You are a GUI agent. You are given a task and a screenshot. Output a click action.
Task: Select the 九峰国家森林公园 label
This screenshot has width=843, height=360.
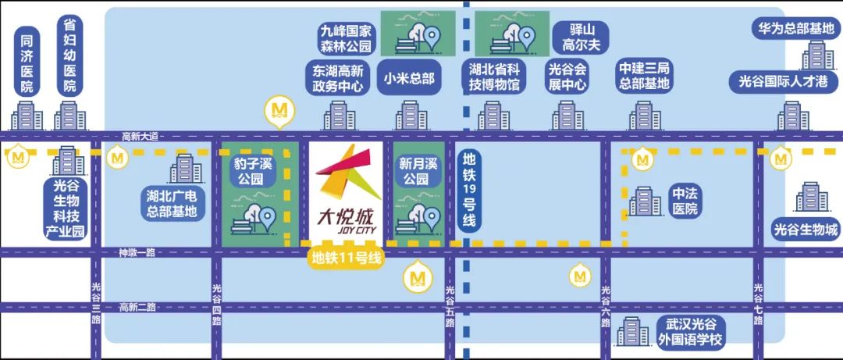click(347, 37)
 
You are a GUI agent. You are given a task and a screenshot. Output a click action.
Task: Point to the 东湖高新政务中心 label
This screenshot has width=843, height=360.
click(338, 78)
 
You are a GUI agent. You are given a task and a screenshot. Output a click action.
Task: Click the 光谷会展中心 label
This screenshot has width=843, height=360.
click(567, 77)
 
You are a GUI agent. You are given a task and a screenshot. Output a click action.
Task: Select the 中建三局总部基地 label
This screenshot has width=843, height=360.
click(643, 77)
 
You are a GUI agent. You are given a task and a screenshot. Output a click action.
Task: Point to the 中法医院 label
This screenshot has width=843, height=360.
click(684, 201)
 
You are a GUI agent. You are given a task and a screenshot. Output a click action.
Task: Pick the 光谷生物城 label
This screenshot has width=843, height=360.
click(805, 230)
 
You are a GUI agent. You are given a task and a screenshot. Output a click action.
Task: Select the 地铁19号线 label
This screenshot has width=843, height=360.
click(468, 189)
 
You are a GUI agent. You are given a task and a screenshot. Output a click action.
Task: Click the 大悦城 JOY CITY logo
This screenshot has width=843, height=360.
click(347, 195)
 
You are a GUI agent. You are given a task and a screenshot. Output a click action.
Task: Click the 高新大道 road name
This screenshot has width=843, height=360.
click(140, 136)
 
